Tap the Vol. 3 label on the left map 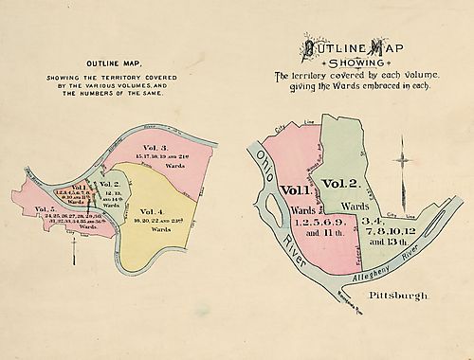155,148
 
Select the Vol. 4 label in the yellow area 152,210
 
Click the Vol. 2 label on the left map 110,184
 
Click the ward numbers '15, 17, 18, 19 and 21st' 171,157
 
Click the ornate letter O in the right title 310,47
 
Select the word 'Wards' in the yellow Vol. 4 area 156,229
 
